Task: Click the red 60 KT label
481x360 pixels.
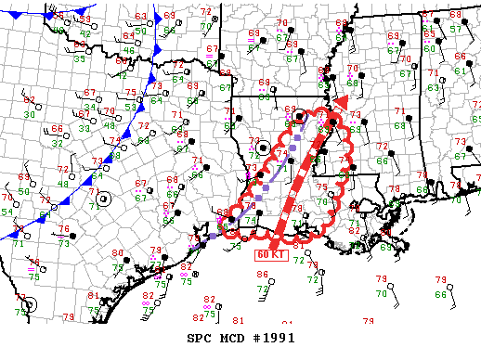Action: point(270,252)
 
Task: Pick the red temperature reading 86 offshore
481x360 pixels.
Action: point(263,275)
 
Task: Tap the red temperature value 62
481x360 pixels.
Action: point(29,100)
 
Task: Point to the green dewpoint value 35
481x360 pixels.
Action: point(80,58)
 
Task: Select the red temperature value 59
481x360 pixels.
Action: point(85,19)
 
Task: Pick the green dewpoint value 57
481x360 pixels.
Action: point(456,29)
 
